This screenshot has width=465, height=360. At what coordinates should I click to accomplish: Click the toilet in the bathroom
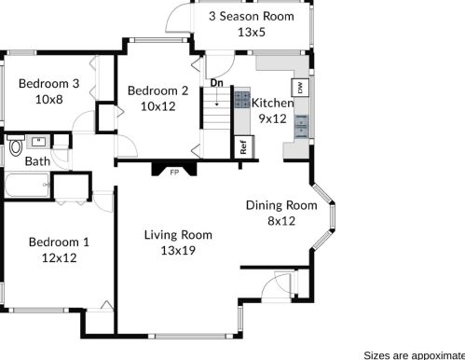point(16,145)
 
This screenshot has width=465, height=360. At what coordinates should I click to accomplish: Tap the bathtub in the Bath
point(27,186)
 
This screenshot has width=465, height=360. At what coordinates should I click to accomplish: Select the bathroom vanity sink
point(38,142)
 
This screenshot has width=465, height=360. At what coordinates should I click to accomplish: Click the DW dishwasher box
point(300,88)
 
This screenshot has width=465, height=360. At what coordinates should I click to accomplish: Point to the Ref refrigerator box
point(244,146)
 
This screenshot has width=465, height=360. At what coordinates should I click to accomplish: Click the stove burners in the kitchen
point(242,100)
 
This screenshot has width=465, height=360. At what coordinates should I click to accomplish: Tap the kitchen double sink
point(301,126)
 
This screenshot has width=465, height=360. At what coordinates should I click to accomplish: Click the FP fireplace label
point(174,173)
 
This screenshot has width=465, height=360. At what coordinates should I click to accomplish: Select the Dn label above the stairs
point(217,83)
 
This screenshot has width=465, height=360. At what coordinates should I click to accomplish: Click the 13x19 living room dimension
point(178,251)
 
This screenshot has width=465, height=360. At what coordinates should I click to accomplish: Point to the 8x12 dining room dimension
point(281,221)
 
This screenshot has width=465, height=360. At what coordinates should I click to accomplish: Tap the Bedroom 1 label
point(59,242)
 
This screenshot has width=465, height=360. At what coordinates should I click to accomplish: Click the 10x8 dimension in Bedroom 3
point(49,100)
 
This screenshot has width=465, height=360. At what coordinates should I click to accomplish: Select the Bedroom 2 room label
point(157,90)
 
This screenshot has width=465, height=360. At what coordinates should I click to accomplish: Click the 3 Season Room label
point(252,16)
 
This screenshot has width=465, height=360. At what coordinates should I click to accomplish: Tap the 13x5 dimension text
point(252,32)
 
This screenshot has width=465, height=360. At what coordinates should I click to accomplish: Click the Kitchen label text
point(272,103)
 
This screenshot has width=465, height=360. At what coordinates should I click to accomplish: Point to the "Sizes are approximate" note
point(415,355)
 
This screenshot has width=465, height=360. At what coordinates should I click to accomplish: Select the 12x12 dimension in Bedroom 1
point(59,258)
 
